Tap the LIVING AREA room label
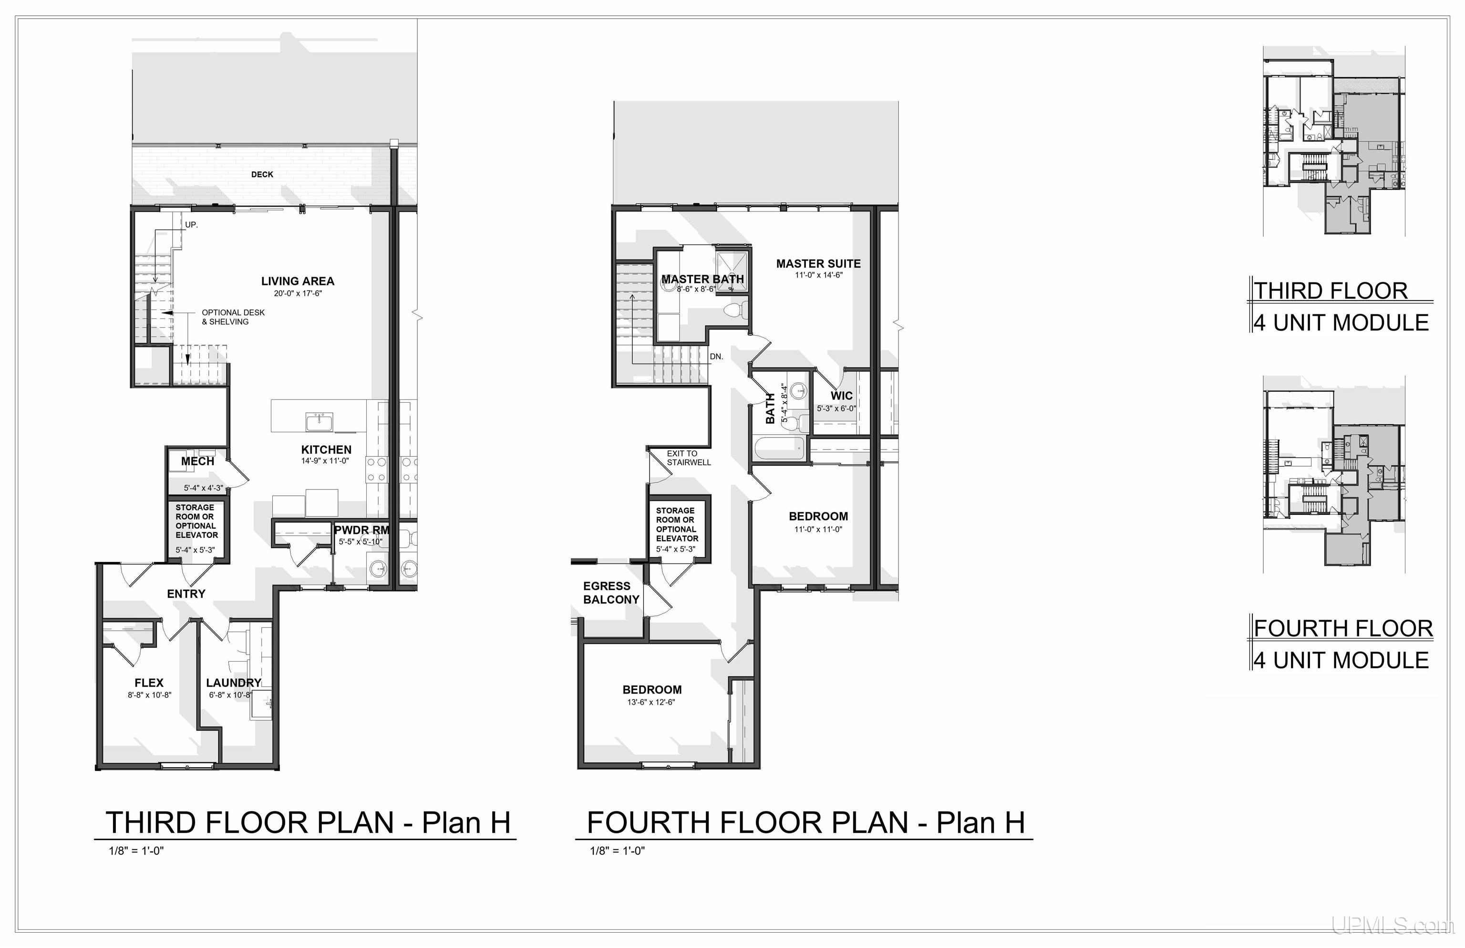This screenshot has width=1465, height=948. (x=297, y=281)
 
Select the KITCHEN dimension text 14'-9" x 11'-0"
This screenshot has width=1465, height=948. (x=326, y=461)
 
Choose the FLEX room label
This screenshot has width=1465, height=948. (x=149, y=683)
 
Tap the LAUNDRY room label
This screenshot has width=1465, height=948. (x=233, y=683)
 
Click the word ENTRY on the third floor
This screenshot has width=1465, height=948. (x=186, y=594)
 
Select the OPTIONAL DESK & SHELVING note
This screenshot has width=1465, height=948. (x=233, y=317)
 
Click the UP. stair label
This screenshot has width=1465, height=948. (x=191, y=225)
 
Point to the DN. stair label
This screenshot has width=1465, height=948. (x=716, y=356)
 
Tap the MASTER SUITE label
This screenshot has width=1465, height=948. (x=818, y=263)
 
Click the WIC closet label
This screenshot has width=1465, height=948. (x=841, y=396)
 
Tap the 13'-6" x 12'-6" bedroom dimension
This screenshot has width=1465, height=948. (x=651, y=702)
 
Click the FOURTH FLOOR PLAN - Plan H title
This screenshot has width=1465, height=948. (x=805, y=823)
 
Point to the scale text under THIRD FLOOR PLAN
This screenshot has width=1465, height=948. (x=136, y=851)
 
